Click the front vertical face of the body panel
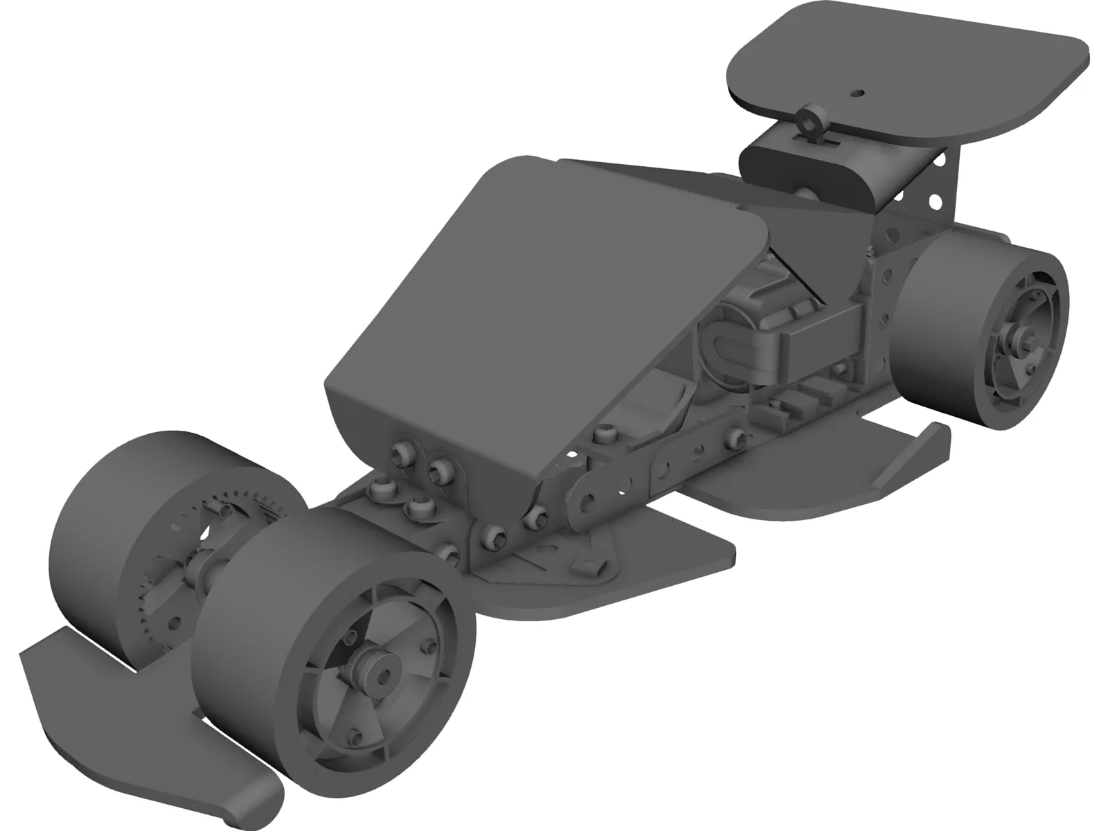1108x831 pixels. [x=429, y=422]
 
